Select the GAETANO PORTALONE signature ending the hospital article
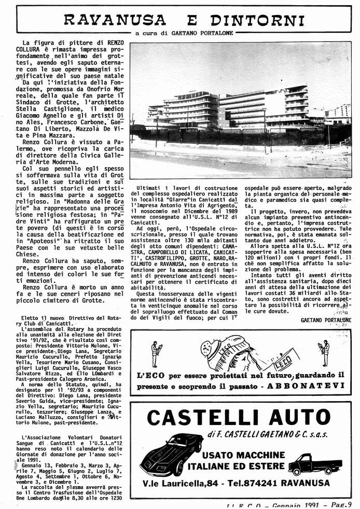325,320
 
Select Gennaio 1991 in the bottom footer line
294,504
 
